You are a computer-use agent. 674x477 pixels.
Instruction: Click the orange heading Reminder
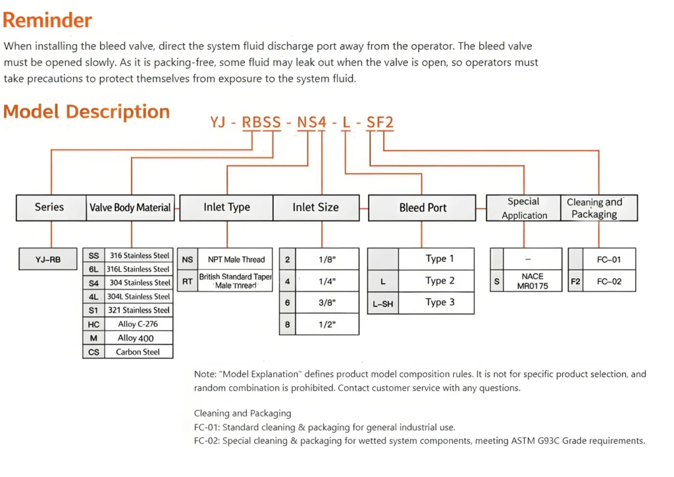pyautogui.click(x=47, y=20)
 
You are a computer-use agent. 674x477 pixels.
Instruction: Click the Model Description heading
pyautogui.click(x=86, y=111)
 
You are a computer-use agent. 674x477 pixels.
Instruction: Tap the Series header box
pyautogui.click(x=49, y=207)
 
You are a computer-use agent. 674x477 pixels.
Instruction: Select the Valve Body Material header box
pyautogui.click(x=130, y=207)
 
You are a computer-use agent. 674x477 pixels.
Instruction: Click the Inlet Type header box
pyautogui.click(x=226, y=207)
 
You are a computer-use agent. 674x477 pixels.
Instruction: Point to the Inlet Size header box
pyautogui.click(x=315, y=207)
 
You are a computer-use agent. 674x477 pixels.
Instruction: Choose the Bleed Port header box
pyautogui.click(x=423, y=207)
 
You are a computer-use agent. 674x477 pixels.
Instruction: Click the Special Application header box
pyautogui.click(x=523, y=208)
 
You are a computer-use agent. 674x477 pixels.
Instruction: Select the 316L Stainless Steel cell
pyautogui.click(x=139, y=269)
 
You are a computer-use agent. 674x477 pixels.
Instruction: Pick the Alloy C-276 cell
pyautogui.click(x=138, y=324)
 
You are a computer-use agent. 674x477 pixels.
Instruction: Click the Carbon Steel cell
pyautogui.click(x=138, y=351)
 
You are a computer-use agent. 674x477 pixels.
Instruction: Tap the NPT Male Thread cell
pyautogui.click(x=236, y=259)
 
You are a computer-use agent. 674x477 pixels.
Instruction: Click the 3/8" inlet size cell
pyautogui.click(x=326, y=302)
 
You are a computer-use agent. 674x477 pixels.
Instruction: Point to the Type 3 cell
pyautogui.click(x=440, y=302)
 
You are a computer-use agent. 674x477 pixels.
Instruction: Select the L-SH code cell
pyautogui.click(x=382, y=303)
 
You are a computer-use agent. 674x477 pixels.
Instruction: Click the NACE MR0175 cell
pyautogui.click(x=532, y=281)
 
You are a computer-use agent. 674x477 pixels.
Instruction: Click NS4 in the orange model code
pyautogui.click(x=311, y=122)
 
